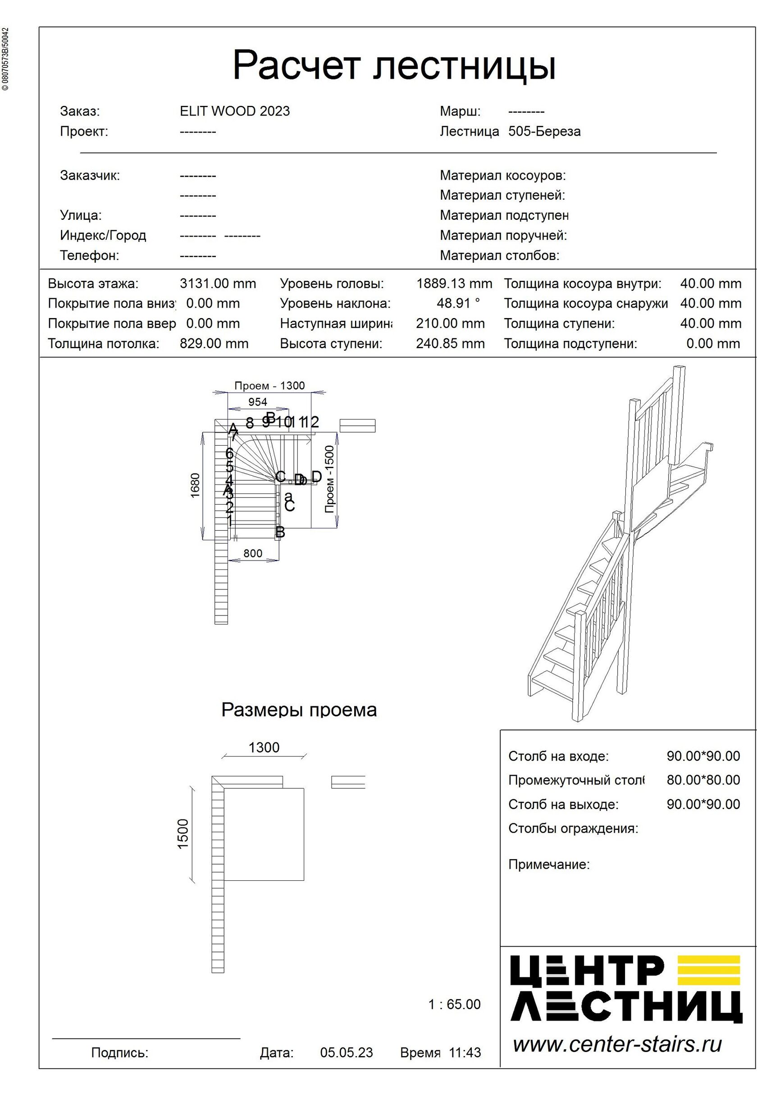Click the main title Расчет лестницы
[394, 65]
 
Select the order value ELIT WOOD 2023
[234, 111]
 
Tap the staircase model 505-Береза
[544, 132]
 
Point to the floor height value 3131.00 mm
[218, 284]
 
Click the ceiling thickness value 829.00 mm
[214, 344]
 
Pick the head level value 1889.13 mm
[454, 284]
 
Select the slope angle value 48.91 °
[458, 303]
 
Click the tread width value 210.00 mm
[450, 324]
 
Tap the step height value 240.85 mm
[450, 344]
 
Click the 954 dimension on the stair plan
[258, 402]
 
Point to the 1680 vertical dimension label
[195, 485]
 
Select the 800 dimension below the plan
[252, 553]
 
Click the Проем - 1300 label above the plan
[269, 386]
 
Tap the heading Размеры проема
[299, 710]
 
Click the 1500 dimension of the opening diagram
[183, 834]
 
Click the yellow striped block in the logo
[708, 970]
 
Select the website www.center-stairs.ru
[617, 1045]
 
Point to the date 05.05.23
[347, 1052]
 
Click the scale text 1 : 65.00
[454, 1005]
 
